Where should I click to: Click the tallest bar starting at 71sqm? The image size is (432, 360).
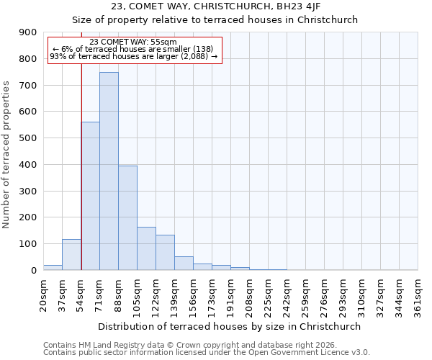109,171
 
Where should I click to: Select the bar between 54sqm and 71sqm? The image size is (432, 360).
91,196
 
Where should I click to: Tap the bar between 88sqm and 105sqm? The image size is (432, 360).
127,218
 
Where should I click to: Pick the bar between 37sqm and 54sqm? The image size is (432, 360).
71,255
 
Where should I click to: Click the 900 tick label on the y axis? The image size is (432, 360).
28,32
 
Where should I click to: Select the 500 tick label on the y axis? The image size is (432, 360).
28,138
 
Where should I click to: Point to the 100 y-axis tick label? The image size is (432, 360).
28,244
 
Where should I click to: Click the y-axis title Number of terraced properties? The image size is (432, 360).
6,155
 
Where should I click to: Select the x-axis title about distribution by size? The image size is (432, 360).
230,326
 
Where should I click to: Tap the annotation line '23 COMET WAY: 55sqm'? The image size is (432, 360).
133,42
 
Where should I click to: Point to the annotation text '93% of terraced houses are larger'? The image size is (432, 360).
133,56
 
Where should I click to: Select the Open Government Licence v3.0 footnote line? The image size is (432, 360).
207,353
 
